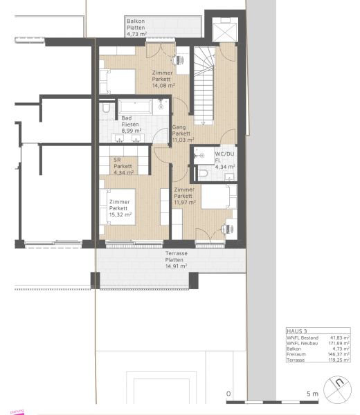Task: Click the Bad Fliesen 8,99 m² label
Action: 131,124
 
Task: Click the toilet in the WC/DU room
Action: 203,173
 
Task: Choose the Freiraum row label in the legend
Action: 296,355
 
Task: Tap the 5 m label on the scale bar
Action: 312,394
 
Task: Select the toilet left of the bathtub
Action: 105,108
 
